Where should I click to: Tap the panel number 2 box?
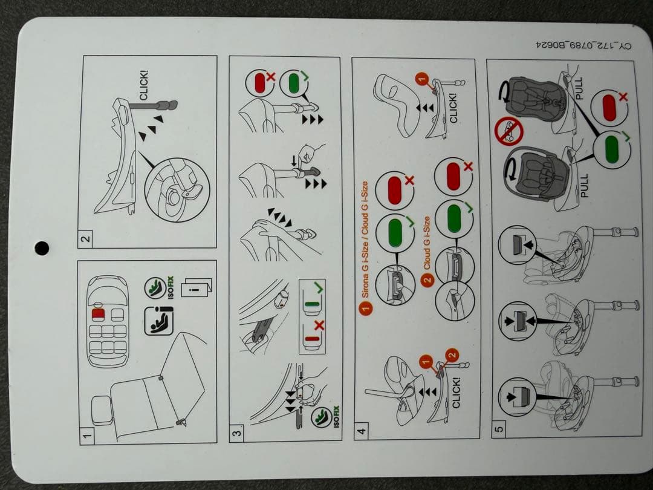coord(86,239)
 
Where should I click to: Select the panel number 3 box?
coord(238,432)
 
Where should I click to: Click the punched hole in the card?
coord(42,247)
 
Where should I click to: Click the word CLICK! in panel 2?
coord(143,85)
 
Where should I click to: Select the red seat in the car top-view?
coord(99,315)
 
